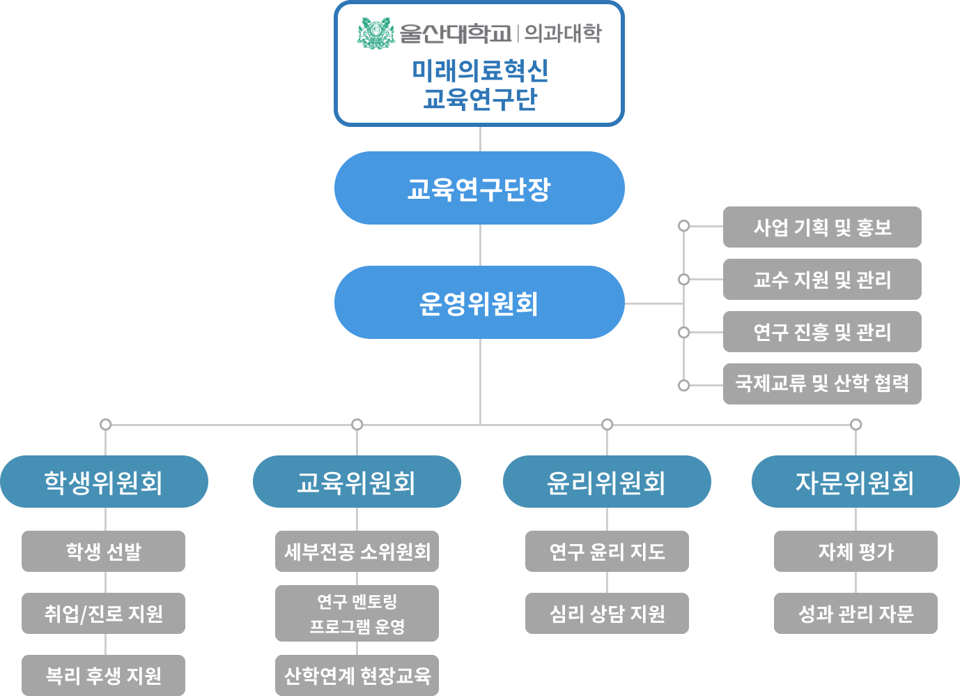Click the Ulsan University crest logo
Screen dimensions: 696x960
376,33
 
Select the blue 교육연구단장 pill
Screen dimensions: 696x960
479,188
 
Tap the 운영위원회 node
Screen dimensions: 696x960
479,303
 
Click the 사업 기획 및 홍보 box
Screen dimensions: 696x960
822,227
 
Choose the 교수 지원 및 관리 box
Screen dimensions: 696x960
822,280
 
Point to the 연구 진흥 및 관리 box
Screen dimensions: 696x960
822,332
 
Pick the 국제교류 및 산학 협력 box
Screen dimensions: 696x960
822,384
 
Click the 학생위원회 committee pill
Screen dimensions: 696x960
104,482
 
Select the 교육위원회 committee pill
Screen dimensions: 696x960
357,482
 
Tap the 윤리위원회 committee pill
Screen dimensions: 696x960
607,482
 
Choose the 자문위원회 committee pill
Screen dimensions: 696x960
856,482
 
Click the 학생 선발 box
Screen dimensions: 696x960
104,552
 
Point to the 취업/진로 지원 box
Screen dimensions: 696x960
104,613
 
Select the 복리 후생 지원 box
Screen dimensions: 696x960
104,675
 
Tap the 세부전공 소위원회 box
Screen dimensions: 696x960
357,552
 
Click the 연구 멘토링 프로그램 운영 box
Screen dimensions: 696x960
357,613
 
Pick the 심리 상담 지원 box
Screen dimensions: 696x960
607,613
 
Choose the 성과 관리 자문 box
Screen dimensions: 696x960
856,613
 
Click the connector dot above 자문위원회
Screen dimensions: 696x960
856,424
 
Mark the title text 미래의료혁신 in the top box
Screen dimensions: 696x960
480,70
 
